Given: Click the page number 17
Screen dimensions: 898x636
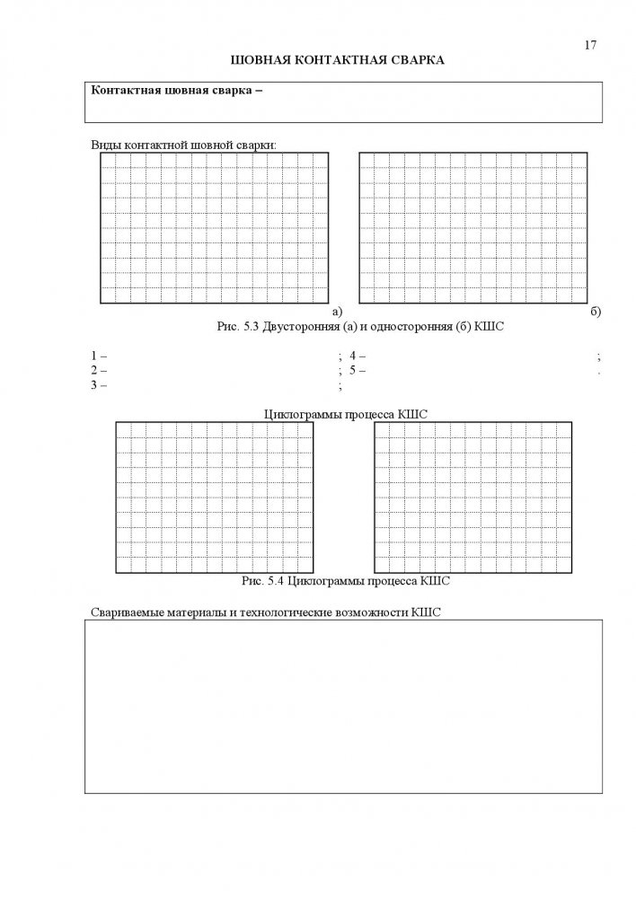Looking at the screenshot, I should (590, 45).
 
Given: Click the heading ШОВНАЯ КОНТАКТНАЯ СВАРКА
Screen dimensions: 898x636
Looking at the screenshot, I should (339, 60).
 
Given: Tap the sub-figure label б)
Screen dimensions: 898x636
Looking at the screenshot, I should (596, 312).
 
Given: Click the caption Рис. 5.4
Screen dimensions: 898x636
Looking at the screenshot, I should (263, 581).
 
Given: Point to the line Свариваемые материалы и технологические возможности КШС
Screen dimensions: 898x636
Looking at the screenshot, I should (267, 612).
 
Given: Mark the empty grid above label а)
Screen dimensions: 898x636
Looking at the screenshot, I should (214, 228).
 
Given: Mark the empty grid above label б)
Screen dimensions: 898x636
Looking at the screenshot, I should (473, 228).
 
